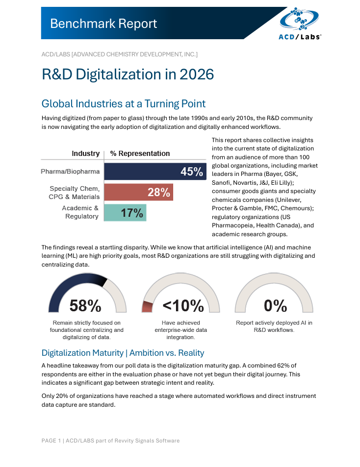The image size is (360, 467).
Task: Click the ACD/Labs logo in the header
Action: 300,23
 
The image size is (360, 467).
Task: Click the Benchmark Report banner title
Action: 103,24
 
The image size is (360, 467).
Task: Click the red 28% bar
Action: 138,192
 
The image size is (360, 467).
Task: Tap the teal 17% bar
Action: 125,213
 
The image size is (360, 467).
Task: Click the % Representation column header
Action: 140,153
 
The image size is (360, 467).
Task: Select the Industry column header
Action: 85,153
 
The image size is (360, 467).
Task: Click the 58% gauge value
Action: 85,306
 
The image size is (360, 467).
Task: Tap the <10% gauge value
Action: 183,306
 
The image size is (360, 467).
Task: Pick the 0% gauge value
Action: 275,306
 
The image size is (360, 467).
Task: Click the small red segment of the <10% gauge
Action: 147,307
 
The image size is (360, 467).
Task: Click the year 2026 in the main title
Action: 197,74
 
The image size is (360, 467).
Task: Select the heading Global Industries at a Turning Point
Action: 124,103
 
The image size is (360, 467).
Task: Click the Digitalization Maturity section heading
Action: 123,353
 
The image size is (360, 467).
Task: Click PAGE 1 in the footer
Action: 51,441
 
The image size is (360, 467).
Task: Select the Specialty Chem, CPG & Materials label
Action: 75,192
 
